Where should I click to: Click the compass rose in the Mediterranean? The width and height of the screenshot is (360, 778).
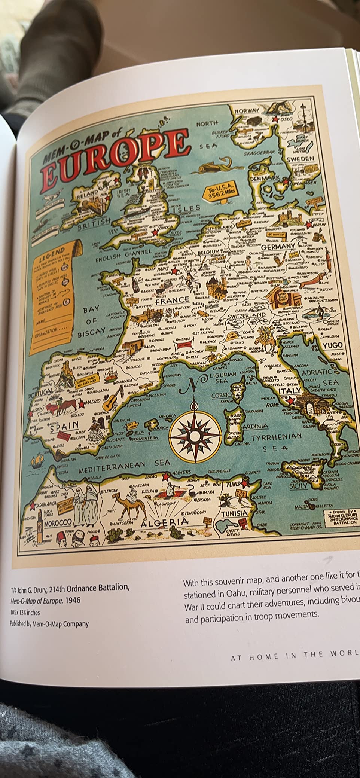click(x=195, y=434)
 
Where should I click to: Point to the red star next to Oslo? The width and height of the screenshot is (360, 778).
click(x=276, y=119)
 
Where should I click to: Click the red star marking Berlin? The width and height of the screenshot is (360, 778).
click(x=309, y=225)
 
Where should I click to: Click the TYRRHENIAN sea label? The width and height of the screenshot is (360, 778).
click(x=276, y=437)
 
